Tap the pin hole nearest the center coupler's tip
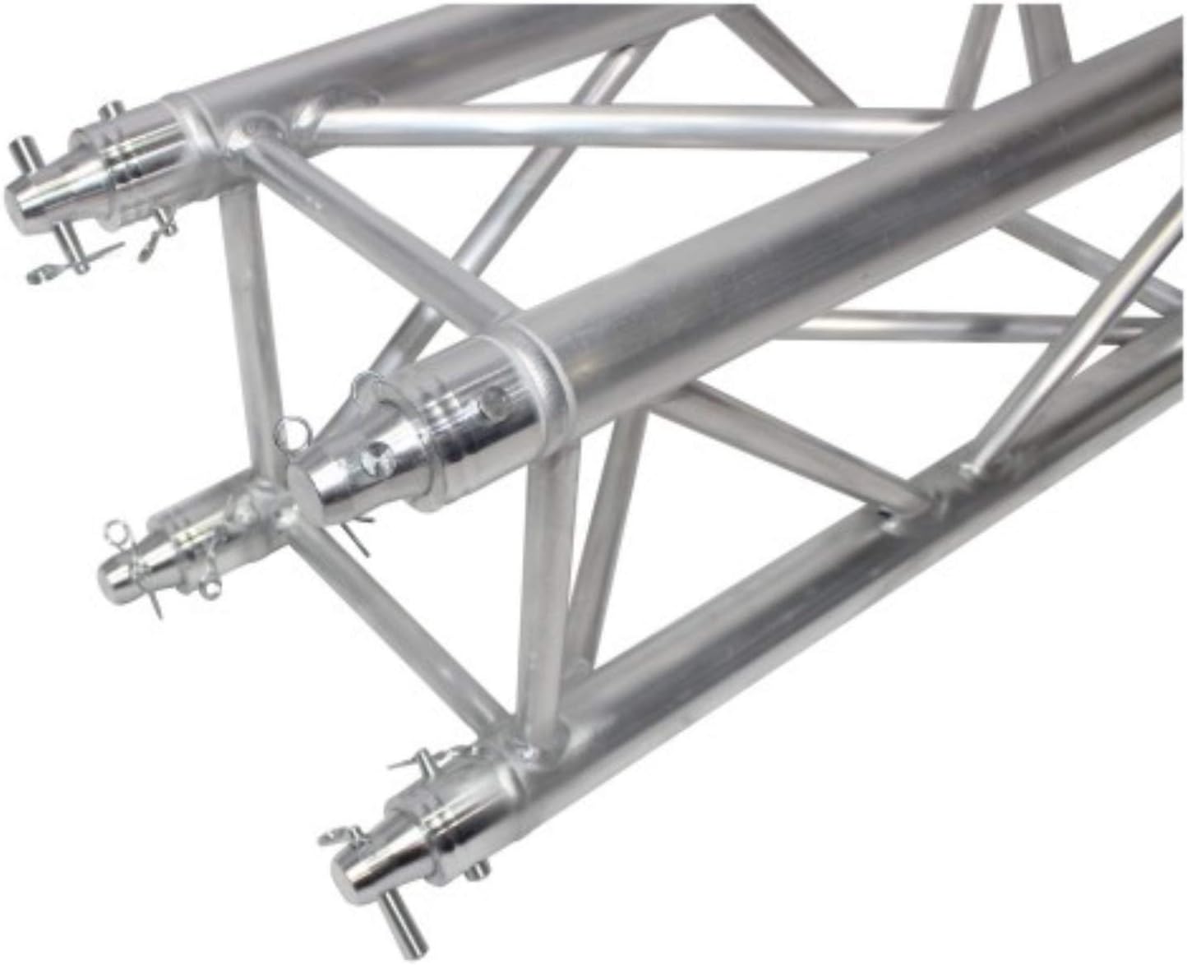click(x=379, y=453)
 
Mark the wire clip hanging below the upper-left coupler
click(x=45, y=271)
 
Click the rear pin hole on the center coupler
click(x=493, y=402)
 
